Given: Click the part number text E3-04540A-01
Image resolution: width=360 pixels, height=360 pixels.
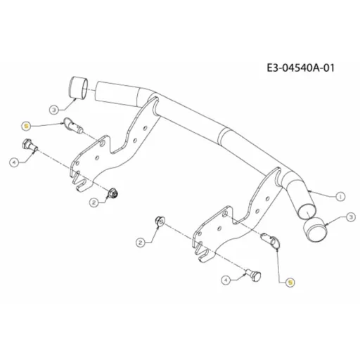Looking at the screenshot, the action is click(x=301, y=68).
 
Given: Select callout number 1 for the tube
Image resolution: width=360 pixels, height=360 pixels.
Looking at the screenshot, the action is click(x=340, y=196).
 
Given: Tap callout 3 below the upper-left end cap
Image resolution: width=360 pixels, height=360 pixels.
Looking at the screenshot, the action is click(x=54, y=110).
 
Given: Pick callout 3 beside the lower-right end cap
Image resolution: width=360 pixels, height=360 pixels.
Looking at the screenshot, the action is click(x=351, y=217).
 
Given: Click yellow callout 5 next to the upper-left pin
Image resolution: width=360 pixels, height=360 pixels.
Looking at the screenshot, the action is click(x=26, y=126).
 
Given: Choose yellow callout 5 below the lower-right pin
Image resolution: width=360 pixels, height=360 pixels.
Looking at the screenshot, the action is click(x=290, y=283).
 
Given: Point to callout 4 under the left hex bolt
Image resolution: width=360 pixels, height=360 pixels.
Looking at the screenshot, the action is click(x=14, y=162).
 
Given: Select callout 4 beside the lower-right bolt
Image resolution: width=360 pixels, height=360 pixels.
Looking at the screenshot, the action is click(x=226, y=280).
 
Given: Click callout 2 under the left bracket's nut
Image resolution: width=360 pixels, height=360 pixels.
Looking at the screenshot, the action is click(x=94, y=202).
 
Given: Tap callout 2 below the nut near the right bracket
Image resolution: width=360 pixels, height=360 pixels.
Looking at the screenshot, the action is click(x=141, y=243).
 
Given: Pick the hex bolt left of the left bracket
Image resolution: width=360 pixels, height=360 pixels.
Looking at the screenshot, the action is click(x=30, y=145).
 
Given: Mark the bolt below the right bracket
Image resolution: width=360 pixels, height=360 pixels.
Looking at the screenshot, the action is click(x=253, y=275).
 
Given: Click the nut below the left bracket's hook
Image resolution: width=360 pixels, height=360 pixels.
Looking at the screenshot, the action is click(x=112, y=193).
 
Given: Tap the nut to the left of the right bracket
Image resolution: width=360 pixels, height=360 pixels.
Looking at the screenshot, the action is click(x=160, y=221).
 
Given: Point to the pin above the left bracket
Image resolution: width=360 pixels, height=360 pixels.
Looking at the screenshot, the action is click(x=72, y=125).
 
